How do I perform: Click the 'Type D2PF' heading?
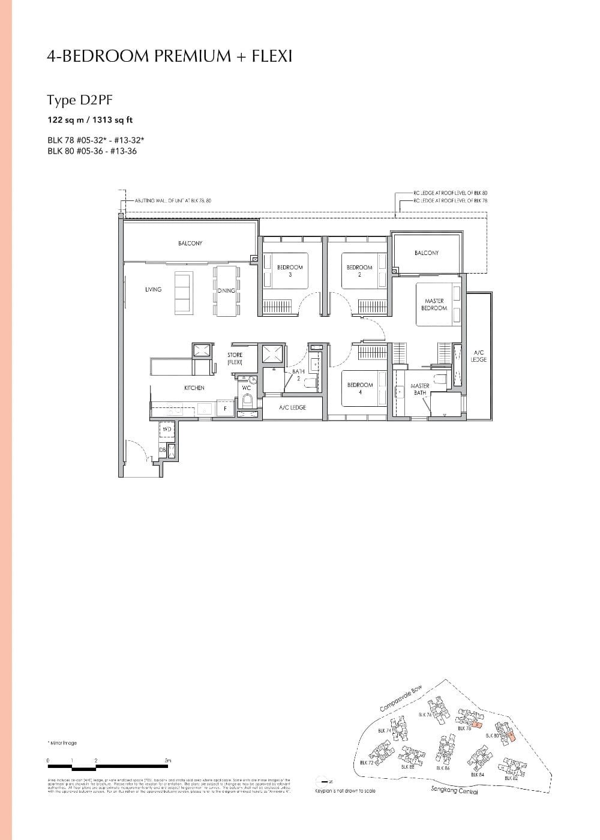click(x=79, y=100)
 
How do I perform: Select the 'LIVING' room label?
click(x=153, y=290)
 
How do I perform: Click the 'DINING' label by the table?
click(x=226, y=290)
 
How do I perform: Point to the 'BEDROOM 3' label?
click(x=290, y=271)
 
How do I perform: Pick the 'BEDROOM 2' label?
click(x=359, y=271)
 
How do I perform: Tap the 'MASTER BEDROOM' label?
click(x=434, y=304)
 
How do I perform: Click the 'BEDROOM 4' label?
click(x=359, y=388)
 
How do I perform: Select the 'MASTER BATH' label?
click(x=420, y=389)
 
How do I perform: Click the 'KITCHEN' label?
click(x=194, y=388)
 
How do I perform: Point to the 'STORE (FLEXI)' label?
click(x=235, y=359)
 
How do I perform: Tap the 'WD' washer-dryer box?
click(x=167, y=430)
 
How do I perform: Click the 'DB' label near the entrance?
click(x=162, y=450)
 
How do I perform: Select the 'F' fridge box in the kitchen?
click(x=225, y=409)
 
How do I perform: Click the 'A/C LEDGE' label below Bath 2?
click(x=292, y=407)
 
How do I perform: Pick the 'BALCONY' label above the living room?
click(x=190, y=243)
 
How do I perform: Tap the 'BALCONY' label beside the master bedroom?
click(x=426, y=253)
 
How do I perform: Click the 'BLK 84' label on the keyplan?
click(x=478, y=775)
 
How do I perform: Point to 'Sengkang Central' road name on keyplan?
click(x=454, y=790)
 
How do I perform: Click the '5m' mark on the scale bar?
click(x=168, y=761)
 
